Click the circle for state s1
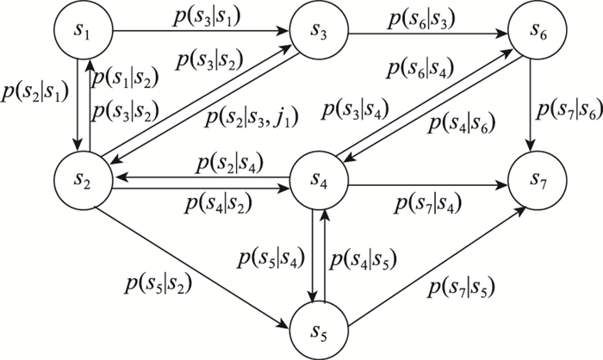click(x=84, y=33)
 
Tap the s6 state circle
click(x=544, y=33)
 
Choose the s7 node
click(x=544, y=180)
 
